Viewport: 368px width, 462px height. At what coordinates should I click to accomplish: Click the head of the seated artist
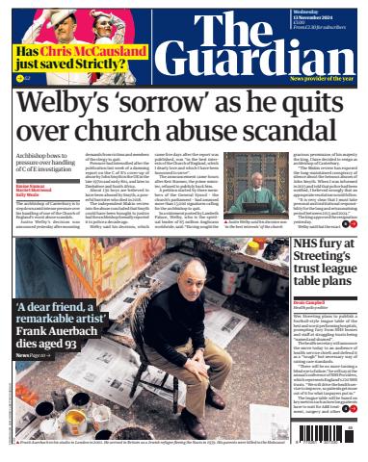(193, 272)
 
